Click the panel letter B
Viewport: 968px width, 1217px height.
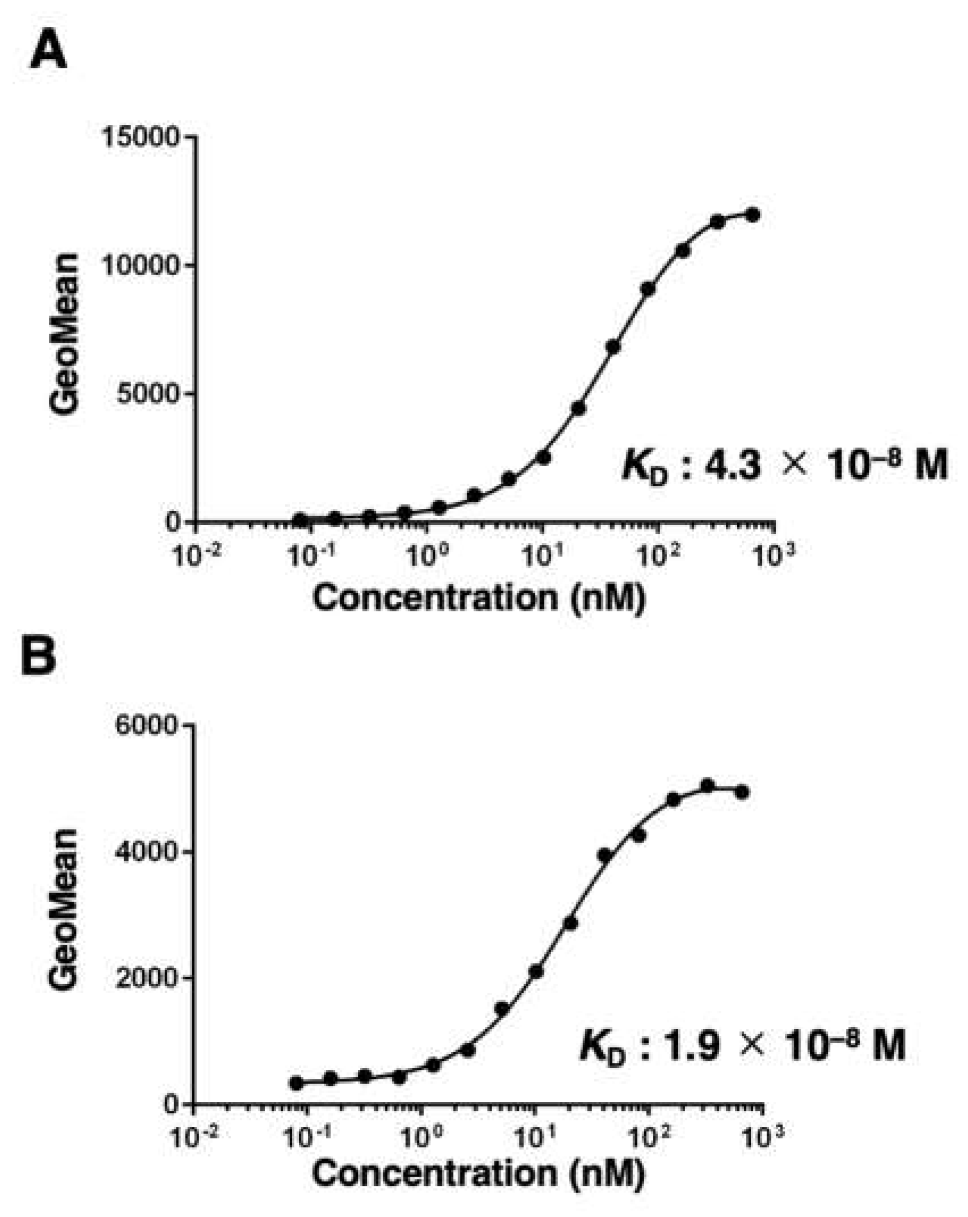pyautogui.click(x=39, y=657)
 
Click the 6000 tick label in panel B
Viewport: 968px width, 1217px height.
pyautogui.click(x=147, y=725)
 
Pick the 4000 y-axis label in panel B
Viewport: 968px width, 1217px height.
pyautogui.click(x=147, y=852)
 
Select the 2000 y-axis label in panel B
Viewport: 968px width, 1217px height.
pyautogui.click(x=147, y=978)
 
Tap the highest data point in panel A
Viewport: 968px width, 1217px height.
pyautogui.click(x=753, y=215)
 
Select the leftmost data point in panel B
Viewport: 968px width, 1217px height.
pyautogui.click(x=296, y=1083)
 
